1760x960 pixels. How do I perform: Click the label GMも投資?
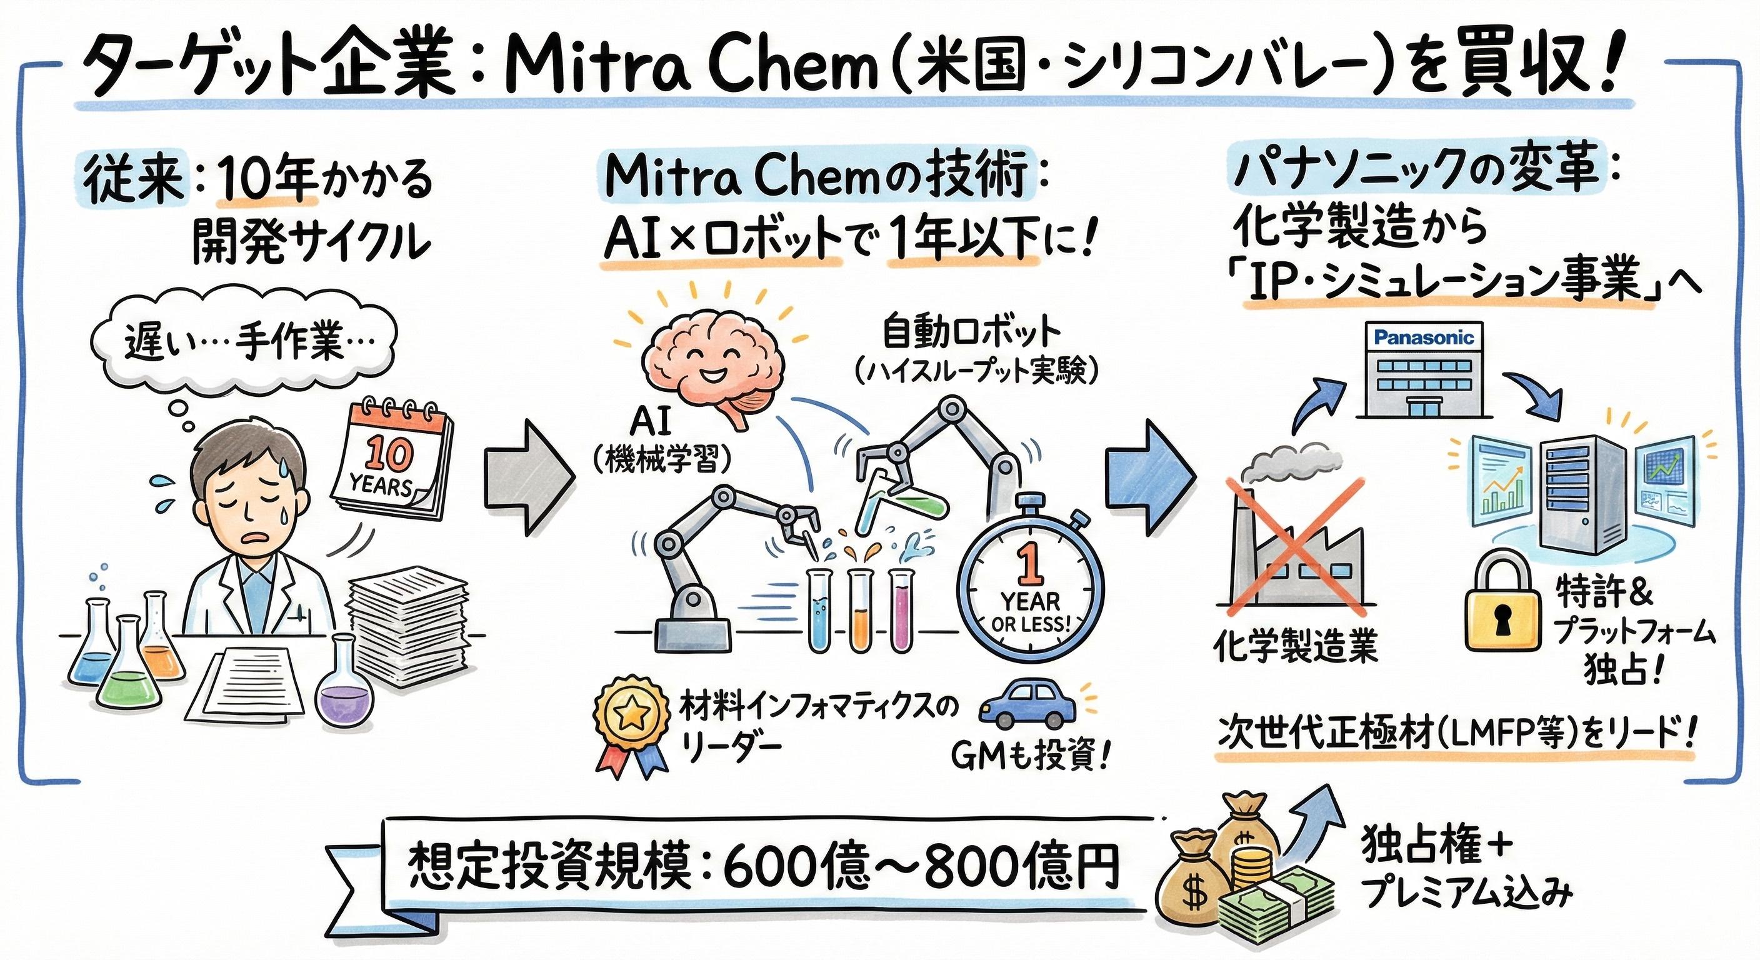coord(1031,756)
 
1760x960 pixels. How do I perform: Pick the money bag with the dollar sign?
coord(1196,888)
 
